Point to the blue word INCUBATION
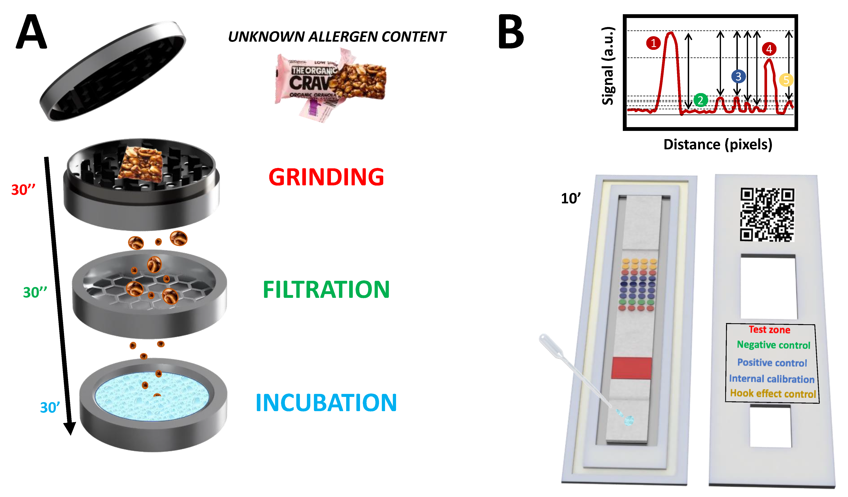[326, 403]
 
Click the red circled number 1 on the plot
[653, 43]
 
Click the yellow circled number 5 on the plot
[786, 80]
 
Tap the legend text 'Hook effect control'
[773, 394]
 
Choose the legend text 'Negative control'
[773, 345]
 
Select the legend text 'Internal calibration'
[772, 379]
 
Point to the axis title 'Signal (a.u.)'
[608, 66]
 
